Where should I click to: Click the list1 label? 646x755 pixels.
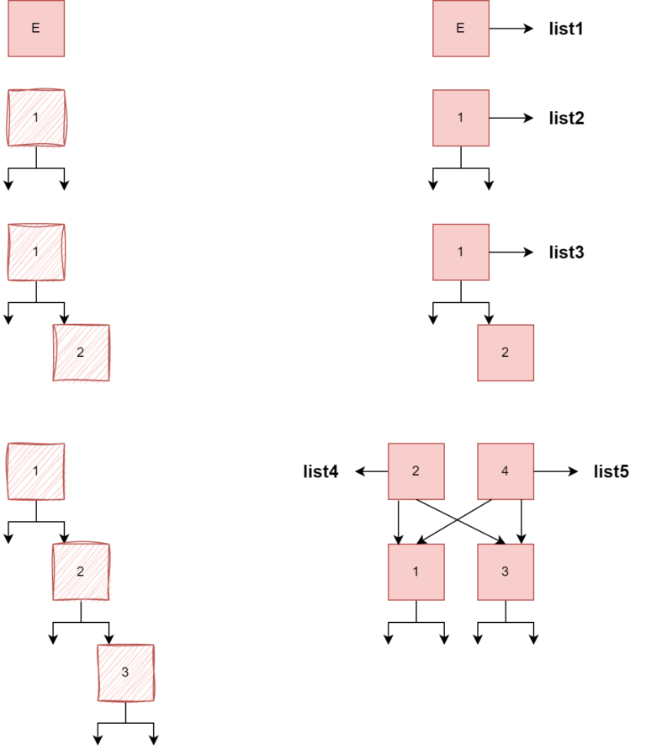(x=566, y=29)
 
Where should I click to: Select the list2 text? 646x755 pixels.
(x=566, y=118)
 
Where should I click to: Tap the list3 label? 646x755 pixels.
(x=566, y=252)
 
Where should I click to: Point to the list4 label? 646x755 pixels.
(x=320, y=471)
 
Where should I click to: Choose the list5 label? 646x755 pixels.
(x=611, y=471)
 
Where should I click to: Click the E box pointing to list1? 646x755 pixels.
(x=460, y=29)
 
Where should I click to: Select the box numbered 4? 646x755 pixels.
(x=505, y=471)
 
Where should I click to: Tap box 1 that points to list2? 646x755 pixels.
(x=460, y=118)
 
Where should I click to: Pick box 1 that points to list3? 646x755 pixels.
(x=460, y=252)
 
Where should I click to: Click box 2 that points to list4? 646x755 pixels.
(x=416, y=471)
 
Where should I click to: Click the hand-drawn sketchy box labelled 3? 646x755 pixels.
(x=125, y=672)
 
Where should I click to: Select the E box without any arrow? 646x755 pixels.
(x=35, y=29)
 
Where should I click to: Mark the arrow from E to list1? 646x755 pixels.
(x=511, y=29)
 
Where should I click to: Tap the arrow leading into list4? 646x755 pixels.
(x=371, y=471)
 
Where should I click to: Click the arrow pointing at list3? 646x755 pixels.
(x=511, y=252)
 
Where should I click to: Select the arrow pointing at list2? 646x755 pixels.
(x=511, y=118)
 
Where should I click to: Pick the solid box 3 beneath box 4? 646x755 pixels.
(x=505, y=572)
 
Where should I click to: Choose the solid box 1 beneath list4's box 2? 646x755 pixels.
(x=416, y=572)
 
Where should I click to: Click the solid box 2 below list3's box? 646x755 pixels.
(x=505, y=352)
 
